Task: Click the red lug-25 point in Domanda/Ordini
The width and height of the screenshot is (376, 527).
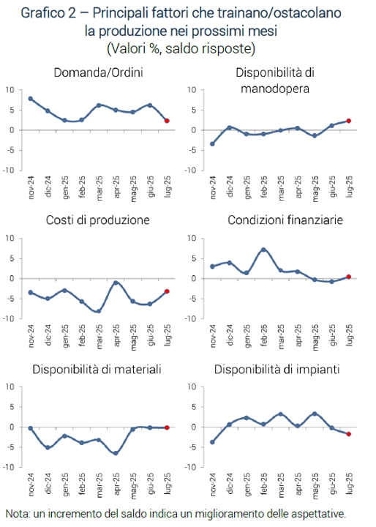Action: point(167,121)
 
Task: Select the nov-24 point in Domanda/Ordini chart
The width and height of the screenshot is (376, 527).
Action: point(31,99)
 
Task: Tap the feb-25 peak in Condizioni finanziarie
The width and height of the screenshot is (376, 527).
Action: point(263,250)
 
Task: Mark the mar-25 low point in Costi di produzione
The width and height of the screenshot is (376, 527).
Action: point(99,311)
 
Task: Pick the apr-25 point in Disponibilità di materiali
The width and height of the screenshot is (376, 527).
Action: point(116,453)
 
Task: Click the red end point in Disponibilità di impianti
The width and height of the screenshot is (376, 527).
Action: point(349,434)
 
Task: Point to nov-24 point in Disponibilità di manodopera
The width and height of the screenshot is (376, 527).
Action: point(212,144)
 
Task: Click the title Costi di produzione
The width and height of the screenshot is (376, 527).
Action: point(98,220)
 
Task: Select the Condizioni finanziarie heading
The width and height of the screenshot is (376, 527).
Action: point(285,220)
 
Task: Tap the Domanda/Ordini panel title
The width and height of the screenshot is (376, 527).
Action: point(99,72)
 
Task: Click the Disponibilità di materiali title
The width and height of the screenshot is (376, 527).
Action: point(97,370)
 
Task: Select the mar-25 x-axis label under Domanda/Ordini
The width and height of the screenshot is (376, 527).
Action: point(99,188)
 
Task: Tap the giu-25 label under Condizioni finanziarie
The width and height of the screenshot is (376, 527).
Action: point(332,335)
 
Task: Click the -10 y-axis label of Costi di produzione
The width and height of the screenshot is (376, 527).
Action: point(9,319)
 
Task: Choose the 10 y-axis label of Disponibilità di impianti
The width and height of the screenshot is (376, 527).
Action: point(192,387)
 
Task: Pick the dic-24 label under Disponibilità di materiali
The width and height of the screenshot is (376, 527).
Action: point(48,484)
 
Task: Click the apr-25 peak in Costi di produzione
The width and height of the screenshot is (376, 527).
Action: point(116,283)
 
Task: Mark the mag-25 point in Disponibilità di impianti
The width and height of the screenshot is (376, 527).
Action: point(315,414)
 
